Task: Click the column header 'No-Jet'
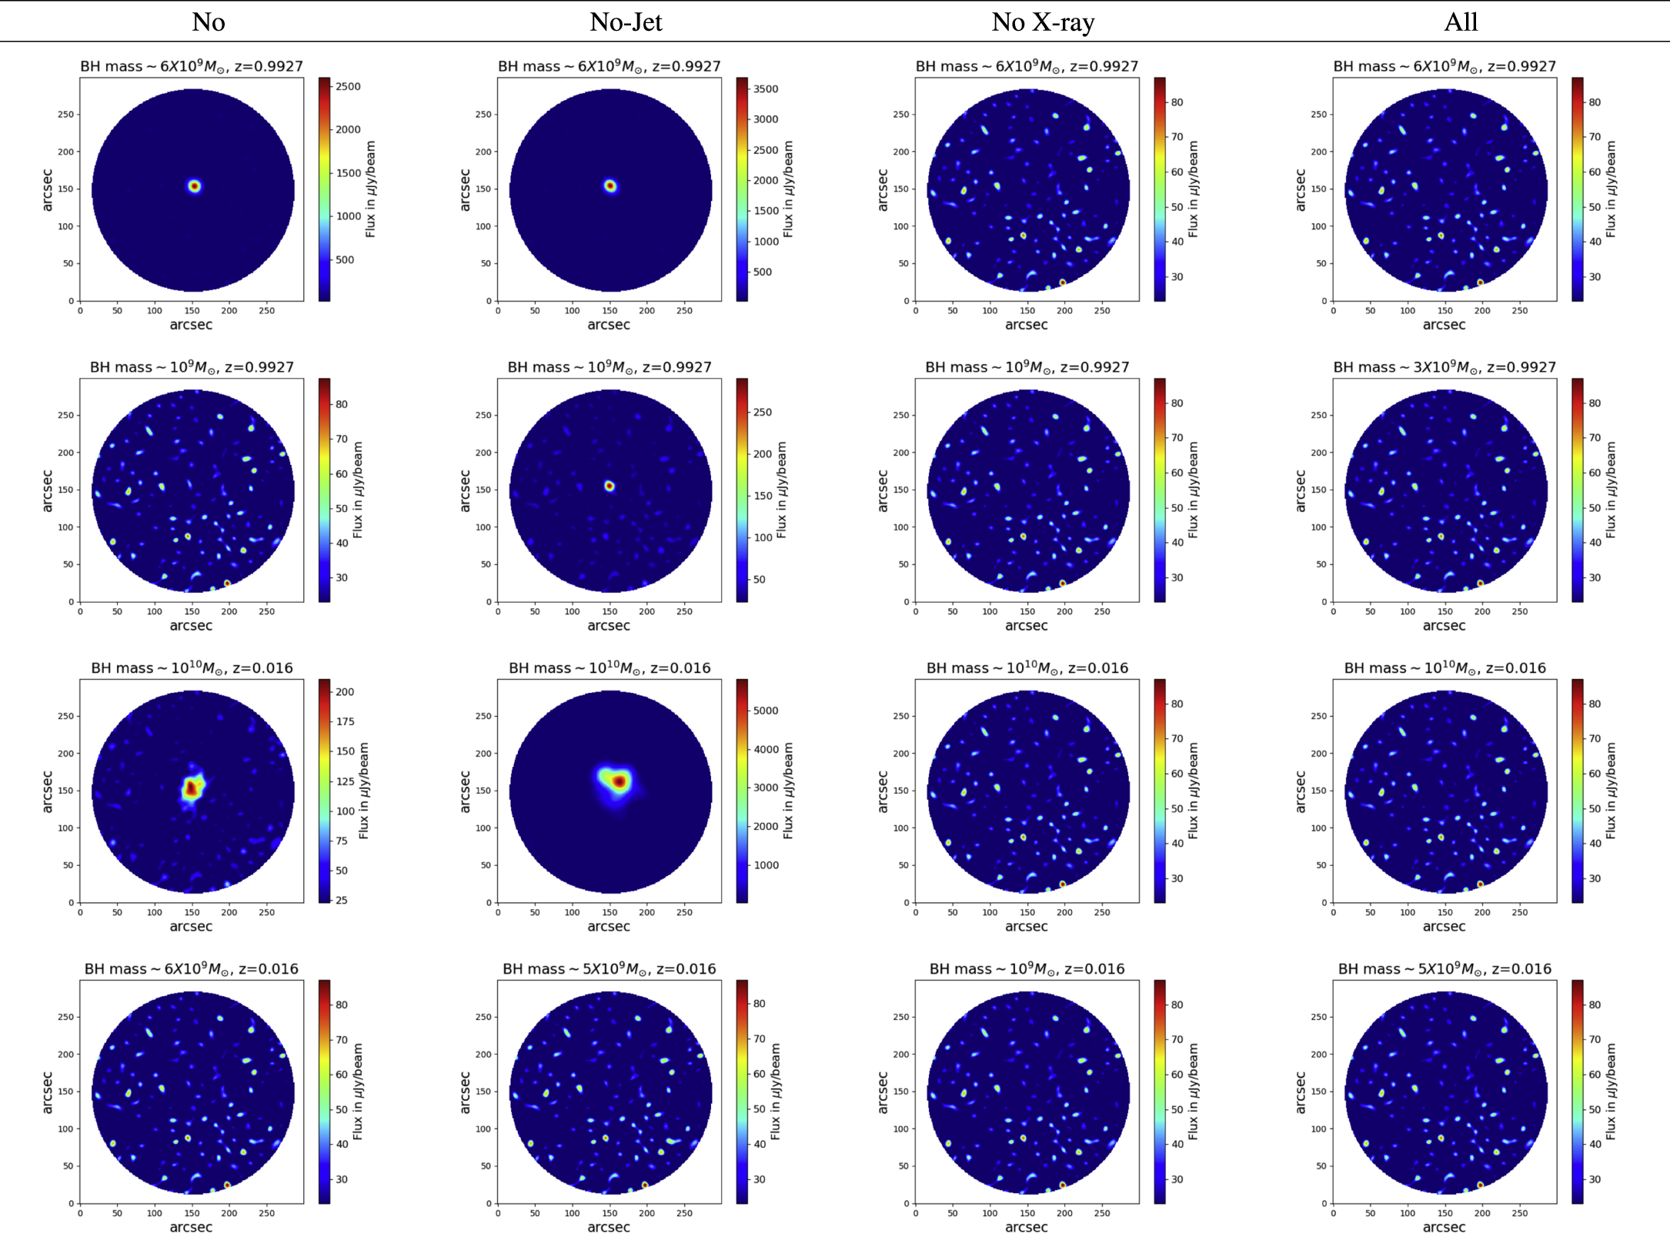625,22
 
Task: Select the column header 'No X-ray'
1042,22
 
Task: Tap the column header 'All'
1460,22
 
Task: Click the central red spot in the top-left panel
194,186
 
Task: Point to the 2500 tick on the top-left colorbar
347,86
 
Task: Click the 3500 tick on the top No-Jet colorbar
765,89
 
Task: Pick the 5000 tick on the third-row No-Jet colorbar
765,711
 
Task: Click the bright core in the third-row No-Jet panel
618,782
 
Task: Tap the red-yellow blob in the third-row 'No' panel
192,787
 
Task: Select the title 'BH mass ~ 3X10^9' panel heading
1444,367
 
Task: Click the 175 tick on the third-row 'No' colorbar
345,721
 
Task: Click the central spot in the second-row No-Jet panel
610,486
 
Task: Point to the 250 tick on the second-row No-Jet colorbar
762,412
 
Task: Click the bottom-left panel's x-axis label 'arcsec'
191,1226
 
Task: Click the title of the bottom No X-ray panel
1027,968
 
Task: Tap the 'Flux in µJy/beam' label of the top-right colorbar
1611,189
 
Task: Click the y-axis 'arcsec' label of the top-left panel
48,189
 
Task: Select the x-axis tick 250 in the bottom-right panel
1519,1212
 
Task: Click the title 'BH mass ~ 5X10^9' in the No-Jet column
609,968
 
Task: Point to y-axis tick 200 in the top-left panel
66,152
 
